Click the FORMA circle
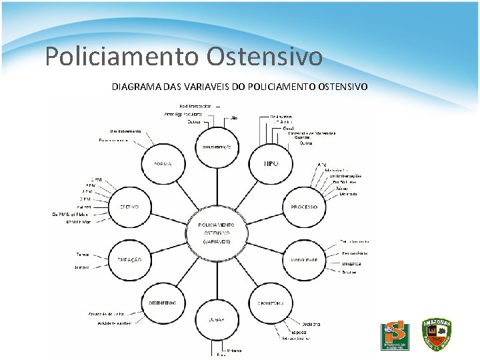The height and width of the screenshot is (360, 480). (163, 164)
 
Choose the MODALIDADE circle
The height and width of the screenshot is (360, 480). (304, 259)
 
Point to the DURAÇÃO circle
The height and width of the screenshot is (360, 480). (129, 259)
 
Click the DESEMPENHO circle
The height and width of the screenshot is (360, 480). (163, 303)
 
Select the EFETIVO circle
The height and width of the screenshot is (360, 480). (129, 207)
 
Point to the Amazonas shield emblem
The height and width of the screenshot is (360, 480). (437, 335)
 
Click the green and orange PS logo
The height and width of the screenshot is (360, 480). (395, 336)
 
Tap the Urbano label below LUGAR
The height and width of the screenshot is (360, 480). (233, 349)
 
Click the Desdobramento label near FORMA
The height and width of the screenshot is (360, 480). (125, 131)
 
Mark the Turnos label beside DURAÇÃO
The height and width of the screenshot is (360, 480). (83, 254)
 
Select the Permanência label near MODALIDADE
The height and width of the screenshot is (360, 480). (355, 253)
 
